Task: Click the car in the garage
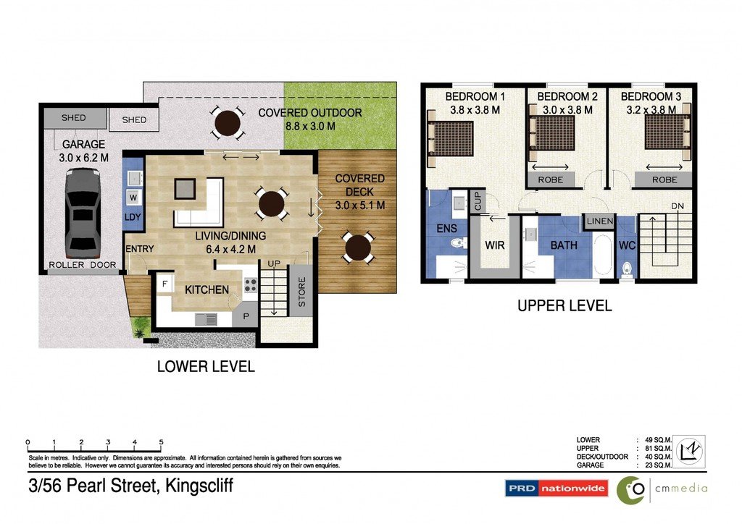(82, 212)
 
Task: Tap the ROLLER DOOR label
(82, 266)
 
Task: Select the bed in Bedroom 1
(451, 138)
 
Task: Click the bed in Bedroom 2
(553, 132)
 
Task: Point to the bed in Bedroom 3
(664, 132)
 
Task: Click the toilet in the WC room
(627, 270)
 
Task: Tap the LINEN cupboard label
(600, 221)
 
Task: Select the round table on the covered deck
(357, 248)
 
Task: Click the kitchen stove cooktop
(251, 286)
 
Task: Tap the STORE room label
(302, 292)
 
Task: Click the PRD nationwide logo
(556, 489)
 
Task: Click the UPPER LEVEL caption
(564, 306)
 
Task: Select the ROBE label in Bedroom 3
(664, 179)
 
